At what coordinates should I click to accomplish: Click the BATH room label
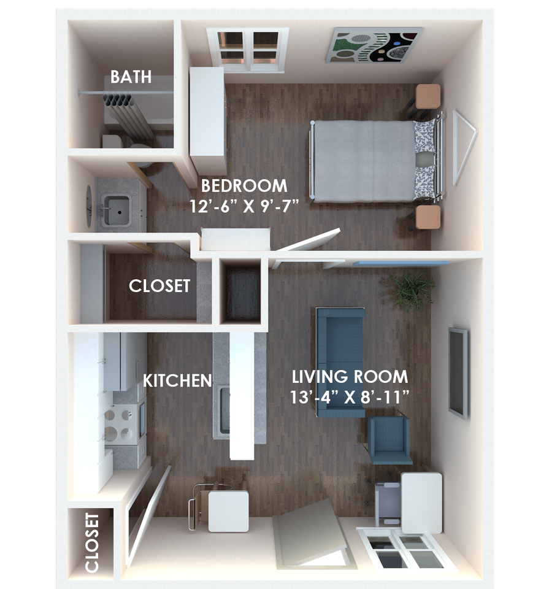pos(131,78)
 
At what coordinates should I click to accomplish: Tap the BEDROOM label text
pos(244,185)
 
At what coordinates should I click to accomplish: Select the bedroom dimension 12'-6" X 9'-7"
pos(244,205)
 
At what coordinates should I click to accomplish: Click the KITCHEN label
pos(177,380)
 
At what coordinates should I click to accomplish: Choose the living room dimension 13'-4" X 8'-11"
pos(350,396)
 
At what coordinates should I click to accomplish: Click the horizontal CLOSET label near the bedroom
pos(159,286)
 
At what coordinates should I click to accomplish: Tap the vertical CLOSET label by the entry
pos(92,543)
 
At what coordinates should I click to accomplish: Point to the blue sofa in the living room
pos(340,362)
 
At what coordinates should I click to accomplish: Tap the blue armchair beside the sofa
pos(390,439)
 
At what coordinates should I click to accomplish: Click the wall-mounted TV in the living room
pos(458,372)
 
